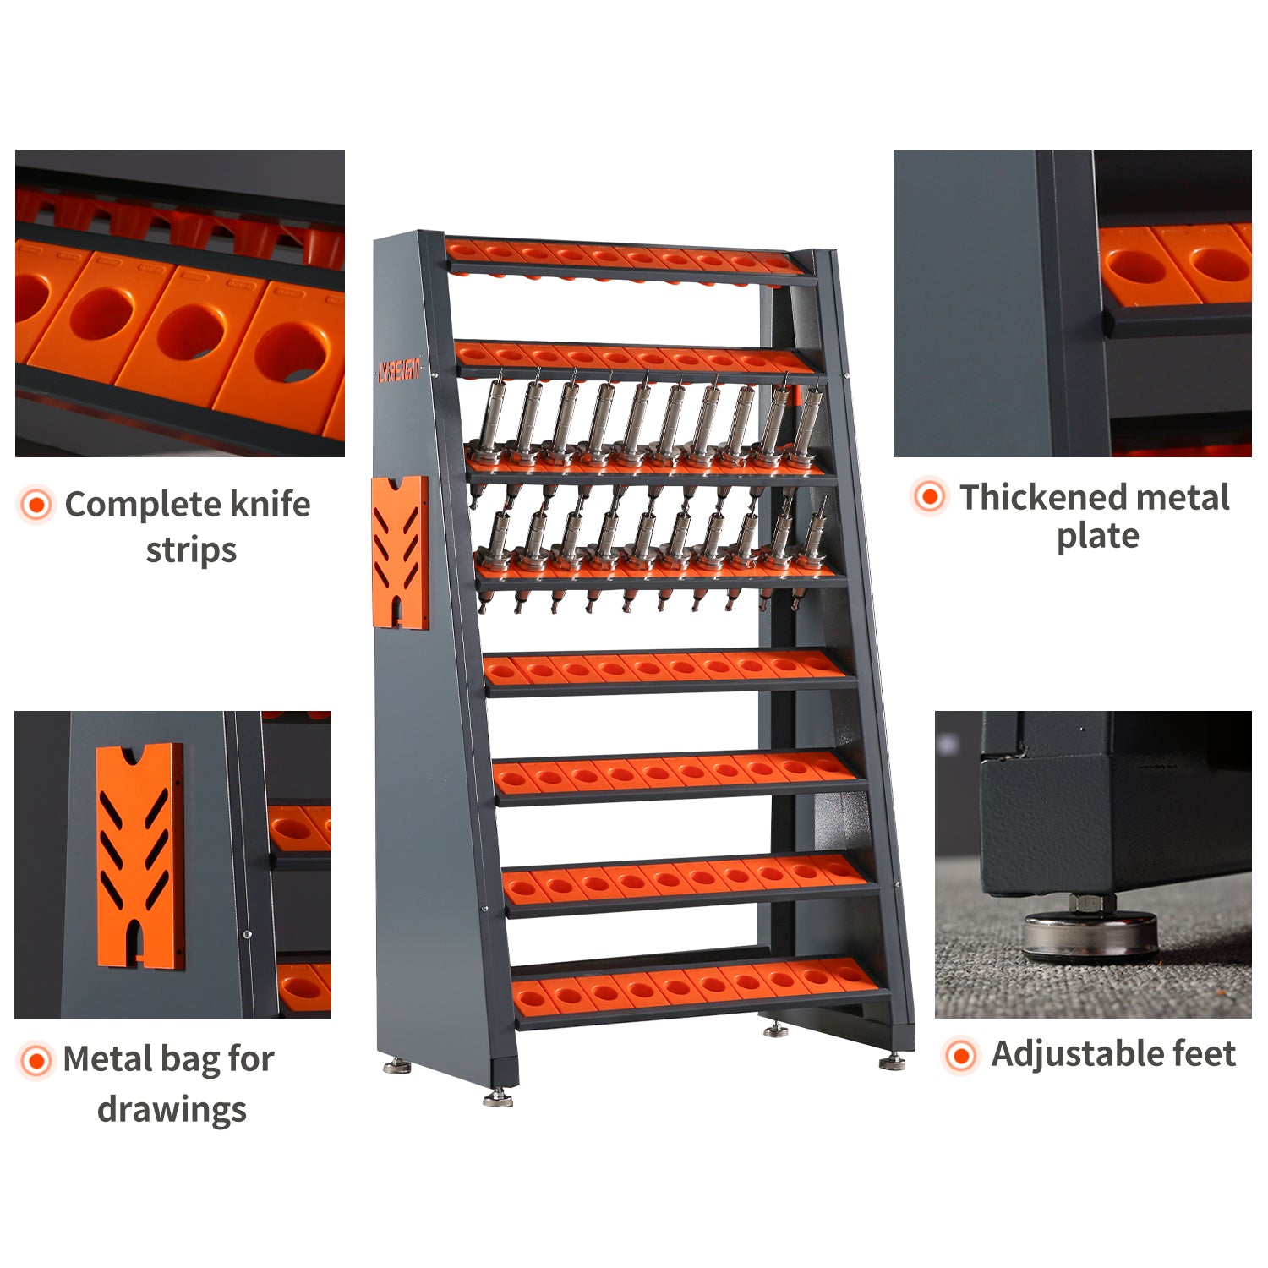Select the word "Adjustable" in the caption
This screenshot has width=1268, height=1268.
coord(1066,1054)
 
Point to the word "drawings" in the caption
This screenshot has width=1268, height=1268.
coord(172,1109)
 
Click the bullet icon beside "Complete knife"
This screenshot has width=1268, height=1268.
coord(36,505)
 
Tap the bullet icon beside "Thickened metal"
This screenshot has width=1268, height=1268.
coord(930,496)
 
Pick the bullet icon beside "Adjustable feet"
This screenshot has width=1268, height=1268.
coord(960,1055)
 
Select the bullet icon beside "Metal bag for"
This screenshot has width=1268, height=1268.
coord(36,1059)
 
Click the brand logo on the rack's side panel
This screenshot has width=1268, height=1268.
coord(398,370)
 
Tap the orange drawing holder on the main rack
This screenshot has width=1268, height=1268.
coord(400,552)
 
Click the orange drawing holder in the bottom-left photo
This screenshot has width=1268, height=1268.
coord(140,855)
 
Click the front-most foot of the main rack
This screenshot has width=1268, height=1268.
coord(499,1098)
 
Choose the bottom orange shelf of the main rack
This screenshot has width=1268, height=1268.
coord(697,986)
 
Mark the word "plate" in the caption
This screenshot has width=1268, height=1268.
coord(1097,537)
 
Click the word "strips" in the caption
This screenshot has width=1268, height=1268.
coord(191,550)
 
